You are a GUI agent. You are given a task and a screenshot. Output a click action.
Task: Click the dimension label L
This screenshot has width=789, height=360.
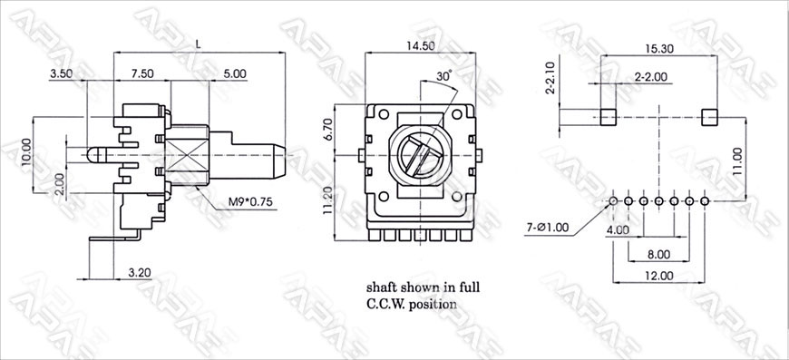pos(199,44)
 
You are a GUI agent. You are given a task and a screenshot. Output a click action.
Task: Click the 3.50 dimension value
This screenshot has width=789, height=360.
pos(61,73)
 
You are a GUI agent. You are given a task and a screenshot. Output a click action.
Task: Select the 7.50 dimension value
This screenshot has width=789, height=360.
pos(142,73)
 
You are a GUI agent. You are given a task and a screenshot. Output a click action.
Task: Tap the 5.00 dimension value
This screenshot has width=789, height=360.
pos(235,73)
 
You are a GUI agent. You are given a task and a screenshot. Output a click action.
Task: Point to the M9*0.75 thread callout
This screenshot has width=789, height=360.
pos(250,202)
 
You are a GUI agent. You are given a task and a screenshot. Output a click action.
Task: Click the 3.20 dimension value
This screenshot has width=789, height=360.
pos(140,273)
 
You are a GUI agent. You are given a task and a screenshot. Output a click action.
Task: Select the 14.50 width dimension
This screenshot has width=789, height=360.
pos(421,45)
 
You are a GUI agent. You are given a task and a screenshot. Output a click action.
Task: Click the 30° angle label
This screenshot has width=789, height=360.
pos(443,76)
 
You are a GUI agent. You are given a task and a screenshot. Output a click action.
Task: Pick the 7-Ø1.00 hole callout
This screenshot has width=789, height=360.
pos(547,228)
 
